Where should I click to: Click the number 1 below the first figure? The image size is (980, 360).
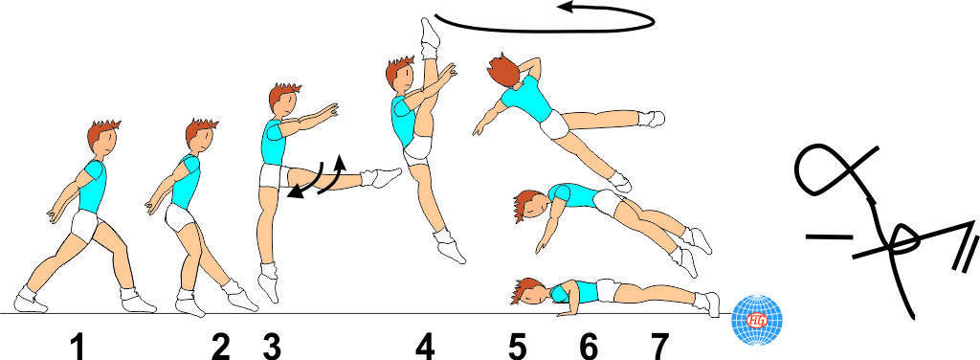pos(78,347)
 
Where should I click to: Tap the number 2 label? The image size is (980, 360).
pos(221,347)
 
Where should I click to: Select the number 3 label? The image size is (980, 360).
pos(272,347)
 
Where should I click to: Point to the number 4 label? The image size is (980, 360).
pos(425,347)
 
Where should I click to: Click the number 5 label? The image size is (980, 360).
pos(518,347)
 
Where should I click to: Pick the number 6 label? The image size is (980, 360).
pos(589,347)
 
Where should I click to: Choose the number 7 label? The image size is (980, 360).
pos(658,347)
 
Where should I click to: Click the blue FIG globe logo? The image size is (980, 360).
pos(757,320)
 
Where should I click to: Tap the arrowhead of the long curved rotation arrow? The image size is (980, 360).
pos(567,8)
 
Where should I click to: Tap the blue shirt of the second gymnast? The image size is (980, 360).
pos(187,181)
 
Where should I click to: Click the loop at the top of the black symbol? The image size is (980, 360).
pos(822,169)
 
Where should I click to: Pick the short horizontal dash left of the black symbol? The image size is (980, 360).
pos(829,236)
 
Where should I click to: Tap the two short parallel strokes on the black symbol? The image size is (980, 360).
pos(966,257)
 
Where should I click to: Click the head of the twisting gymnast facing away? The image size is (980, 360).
pos(503,70)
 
